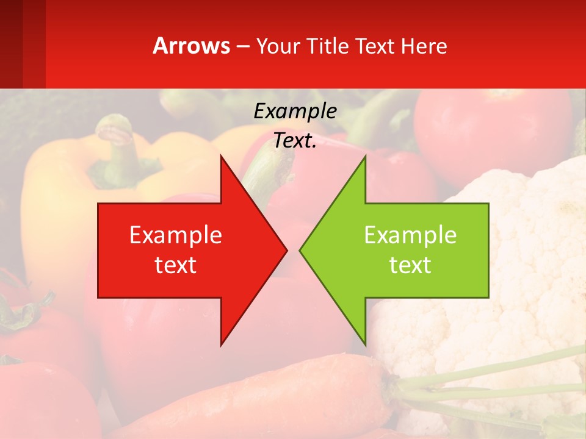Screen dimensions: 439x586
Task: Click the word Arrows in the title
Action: [x=191, y=46]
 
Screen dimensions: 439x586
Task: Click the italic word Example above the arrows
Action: [x=295, y=112]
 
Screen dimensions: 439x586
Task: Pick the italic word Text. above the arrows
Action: [x=295, y=141]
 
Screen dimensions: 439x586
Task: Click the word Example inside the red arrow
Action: [x=176, y=235]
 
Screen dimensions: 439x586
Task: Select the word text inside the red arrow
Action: [x=176, y=265]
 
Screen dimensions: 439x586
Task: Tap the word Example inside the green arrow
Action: [x=410, y=235]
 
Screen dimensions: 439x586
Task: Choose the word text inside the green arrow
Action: [x=410, y=265]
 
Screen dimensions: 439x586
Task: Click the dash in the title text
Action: [x=242, y=46]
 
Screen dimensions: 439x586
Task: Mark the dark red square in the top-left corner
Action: [x=11, y=44]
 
